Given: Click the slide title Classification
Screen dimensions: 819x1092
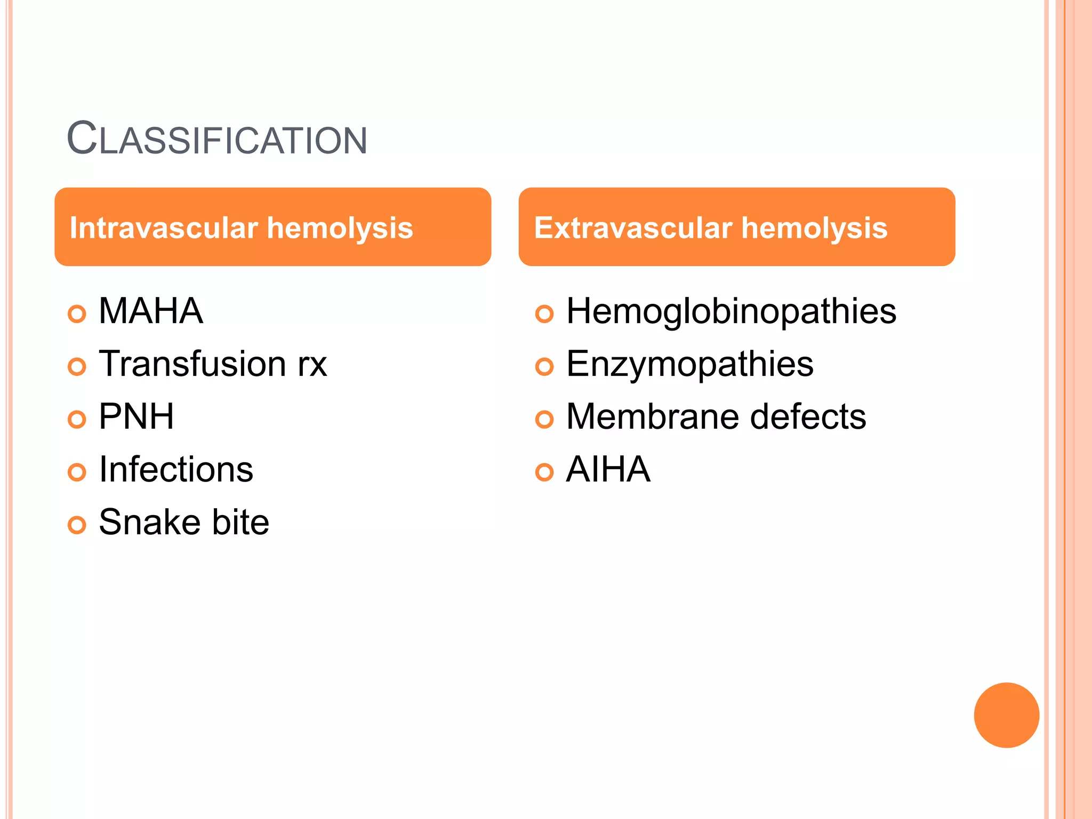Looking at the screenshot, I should (x=217, y=139).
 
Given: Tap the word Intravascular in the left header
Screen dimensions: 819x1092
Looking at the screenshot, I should (x=164, y=228).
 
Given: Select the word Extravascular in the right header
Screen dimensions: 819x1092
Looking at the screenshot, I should (x=633, y=228).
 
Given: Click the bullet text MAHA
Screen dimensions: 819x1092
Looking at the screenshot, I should (x=151, y=311).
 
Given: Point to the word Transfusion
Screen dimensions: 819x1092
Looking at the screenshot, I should (x=192, y=364).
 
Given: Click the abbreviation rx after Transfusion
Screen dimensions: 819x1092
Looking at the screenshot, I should (x=312, y=365).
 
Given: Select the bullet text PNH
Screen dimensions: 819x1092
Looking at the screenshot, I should (x=136, y=416).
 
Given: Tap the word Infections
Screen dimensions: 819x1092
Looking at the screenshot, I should (x=176, y=469).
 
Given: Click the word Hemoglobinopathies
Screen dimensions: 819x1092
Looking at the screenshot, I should (x=731, y=311).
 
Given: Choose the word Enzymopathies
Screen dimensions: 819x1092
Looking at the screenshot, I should (x=689, y=365).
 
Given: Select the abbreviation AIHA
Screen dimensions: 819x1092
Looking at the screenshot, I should (x=608, y=469).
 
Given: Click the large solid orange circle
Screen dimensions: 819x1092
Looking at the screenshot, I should (x=1006, y=715).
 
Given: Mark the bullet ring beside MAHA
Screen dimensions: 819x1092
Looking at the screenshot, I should (x=77, y=314).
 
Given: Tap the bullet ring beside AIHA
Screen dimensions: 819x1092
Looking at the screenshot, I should (x=544, y=472).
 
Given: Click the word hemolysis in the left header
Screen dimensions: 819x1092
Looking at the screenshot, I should (x=340, y=228).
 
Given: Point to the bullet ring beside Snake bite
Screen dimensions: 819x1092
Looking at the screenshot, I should (x=77, y=525).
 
